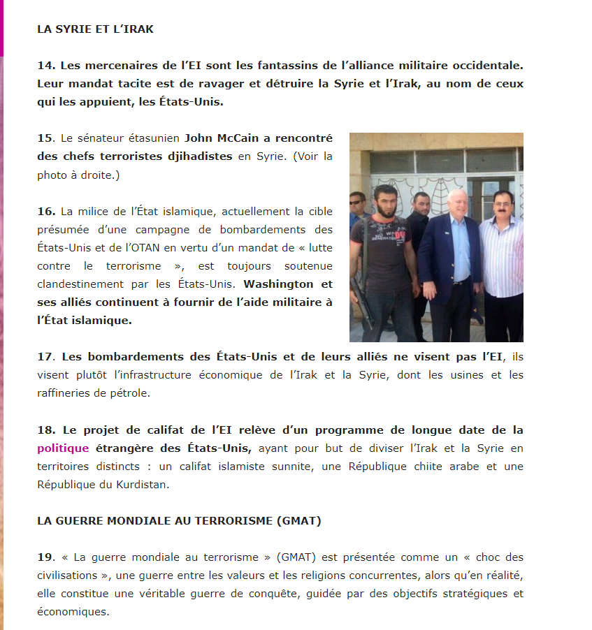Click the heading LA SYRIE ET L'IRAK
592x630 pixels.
95,29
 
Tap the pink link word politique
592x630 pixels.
63,448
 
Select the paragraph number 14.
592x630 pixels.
45,66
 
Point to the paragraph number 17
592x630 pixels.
45,357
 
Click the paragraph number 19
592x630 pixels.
45,557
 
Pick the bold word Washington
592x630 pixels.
278,284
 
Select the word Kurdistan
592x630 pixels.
143,484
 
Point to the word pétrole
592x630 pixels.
125,393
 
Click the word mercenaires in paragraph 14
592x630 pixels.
96,66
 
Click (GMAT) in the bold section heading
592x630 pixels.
299,520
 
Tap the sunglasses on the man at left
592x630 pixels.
357,203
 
